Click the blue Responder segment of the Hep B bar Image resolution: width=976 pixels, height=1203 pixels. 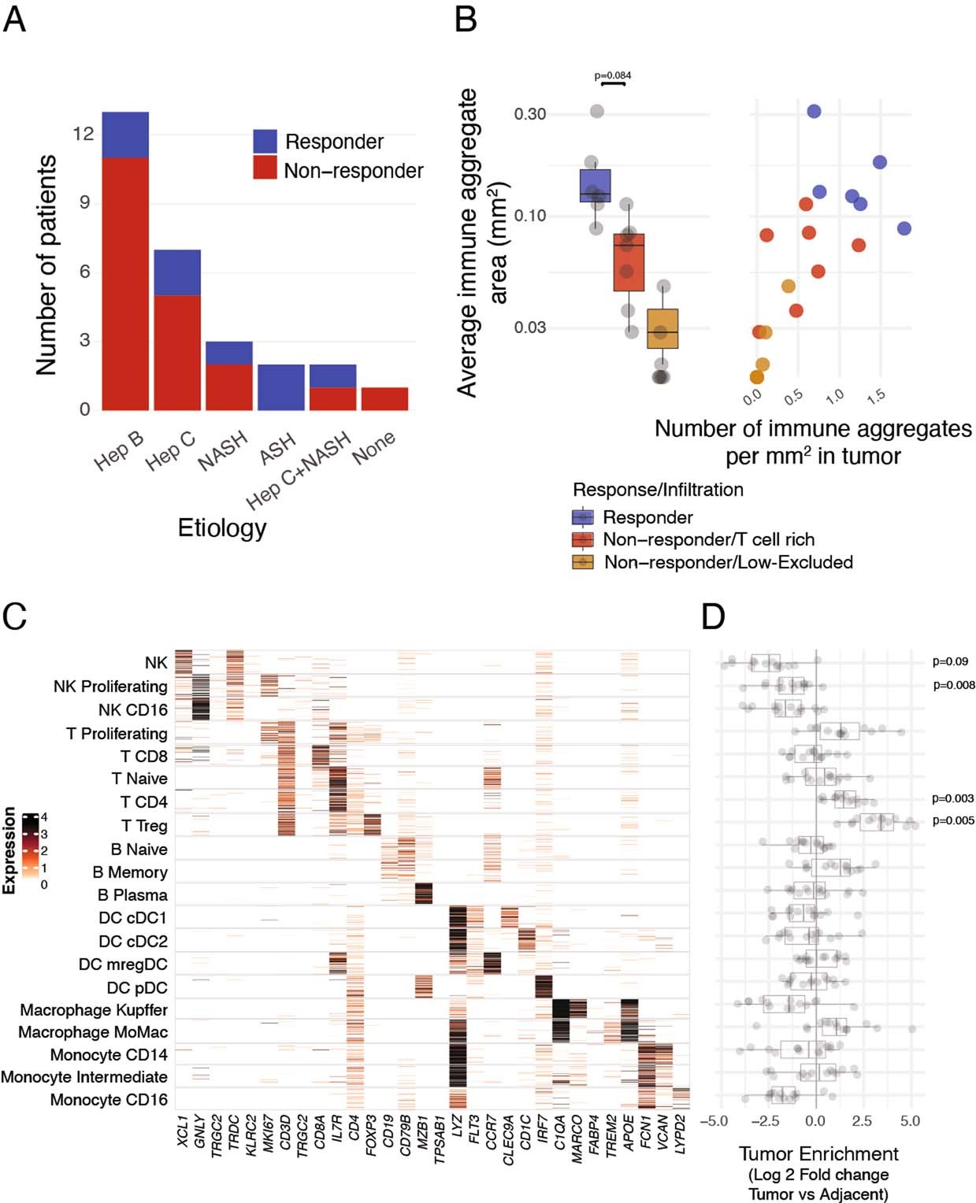[124, 135]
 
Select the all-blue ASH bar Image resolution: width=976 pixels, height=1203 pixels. [280, 387]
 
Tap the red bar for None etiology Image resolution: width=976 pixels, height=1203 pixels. [384, 398]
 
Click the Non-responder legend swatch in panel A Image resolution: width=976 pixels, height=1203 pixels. [265, 168]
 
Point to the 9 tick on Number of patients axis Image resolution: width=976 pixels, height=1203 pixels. [83, 202]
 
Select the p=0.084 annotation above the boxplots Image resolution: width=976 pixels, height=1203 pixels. [612, 76]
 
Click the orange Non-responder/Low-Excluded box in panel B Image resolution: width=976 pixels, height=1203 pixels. [662, 328]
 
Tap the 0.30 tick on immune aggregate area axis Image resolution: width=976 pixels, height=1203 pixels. [530, 114]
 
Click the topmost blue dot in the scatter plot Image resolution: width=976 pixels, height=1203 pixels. [814, 111]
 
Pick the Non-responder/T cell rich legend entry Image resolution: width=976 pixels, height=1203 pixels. [707, 539]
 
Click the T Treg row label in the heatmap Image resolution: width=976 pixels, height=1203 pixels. [144, 826]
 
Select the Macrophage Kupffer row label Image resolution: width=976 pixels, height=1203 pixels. [94, 1010]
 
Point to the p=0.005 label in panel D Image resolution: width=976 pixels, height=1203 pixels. [952, 820]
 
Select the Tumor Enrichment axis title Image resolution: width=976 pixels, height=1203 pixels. [818, 1154]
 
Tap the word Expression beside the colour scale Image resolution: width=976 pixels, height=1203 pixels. [9, 850]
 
